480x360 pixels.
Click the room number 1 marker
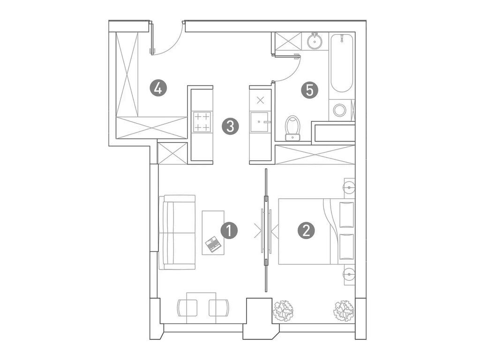(229, 231)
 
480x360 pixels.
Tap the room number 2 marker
(306, 231)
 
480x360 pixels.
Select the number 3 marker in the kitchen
(230, 126)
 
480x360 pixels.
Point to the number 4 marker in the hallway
(158, 88)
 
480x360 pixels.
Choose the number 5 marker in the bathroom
(309, 90)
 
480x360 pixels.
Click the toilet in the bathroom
(293, 127)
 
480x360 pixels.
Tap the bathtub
(341, 62)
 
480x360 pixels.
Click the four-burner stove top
(202, 122)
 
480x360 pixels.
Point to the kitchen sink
(260, 122)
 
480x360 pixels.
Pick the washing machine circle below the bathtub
(339, 111)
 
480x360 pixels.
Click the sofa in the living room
(177, 232)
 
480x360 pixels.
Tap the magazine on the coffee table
(214, 244)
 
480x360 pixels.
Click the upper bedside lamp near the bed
(349, 187)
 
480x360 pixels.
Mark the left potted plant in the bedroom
(284, 310)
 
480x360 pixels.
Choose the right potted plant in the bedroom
(344, 310)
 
